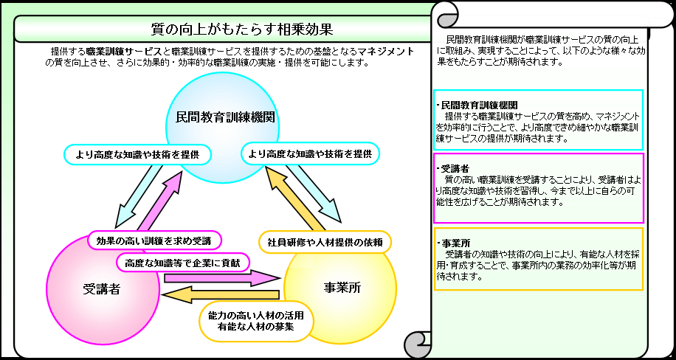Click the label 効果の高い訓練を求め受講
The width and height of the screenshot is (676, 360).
[154, 240]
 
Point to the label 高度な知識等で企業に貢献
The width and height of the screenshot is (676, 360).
[184, 262]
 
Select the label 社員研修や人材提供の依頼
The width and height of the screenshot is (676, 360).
[325, 241]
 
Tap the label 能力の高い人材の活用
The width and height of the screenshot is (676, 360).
[256, 315]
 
